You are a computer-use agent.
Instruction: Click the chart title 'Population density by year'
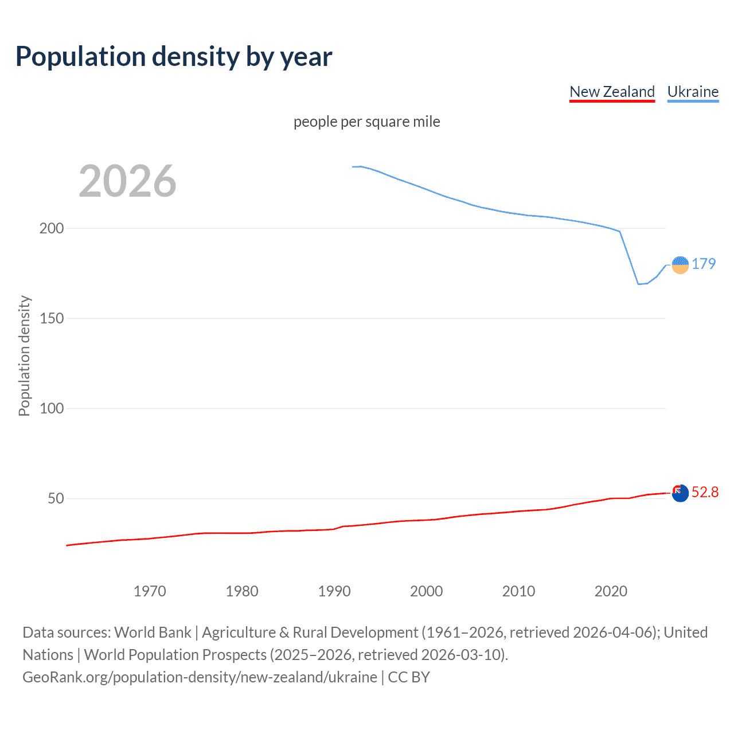pos(174,57)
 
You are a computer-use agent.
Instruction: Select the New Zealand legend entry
pos(612,92)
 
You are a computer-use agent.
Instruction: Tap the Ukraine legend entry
pos(693,92)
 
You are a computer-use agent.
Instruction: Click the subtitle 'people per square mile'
pos(366,122)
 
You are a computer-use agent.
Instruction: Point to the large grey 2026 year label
pos(127,181)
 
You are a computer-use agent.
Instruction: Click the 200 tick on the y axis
pos(52,228)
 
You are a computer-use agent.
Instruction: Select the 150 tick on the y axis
pos(52,318)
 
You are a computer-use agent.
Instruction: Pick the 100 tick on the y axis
pos(52,408)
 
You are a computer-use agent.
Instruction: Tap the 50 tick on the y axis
pos(56,498)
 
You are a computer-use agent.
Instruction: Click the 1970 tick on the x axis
pos(150,591)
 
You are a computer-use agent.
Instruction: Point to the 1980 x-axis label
pos(242,591)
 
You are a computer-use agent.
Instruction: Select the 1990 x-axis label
pos(334,591)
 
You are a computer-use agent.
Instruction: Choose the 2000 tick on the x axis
pos(426,591)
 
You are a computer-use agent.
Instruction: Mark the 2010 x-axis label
pos(518,591)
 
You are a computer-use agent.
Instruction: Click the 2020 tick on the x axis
pos(611,591)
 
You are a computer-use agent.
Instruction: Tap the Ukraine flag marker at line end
pos(680,265)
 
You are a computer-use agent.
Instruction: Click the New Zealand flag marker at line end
pos(680,493)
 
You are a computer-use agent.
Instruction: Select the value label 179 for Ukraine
pos(704,264)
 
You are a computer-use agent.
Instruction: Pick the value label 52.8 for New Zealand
pos(705,493)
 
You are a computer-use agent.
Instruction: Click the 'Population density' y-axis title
pos(24,356)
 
